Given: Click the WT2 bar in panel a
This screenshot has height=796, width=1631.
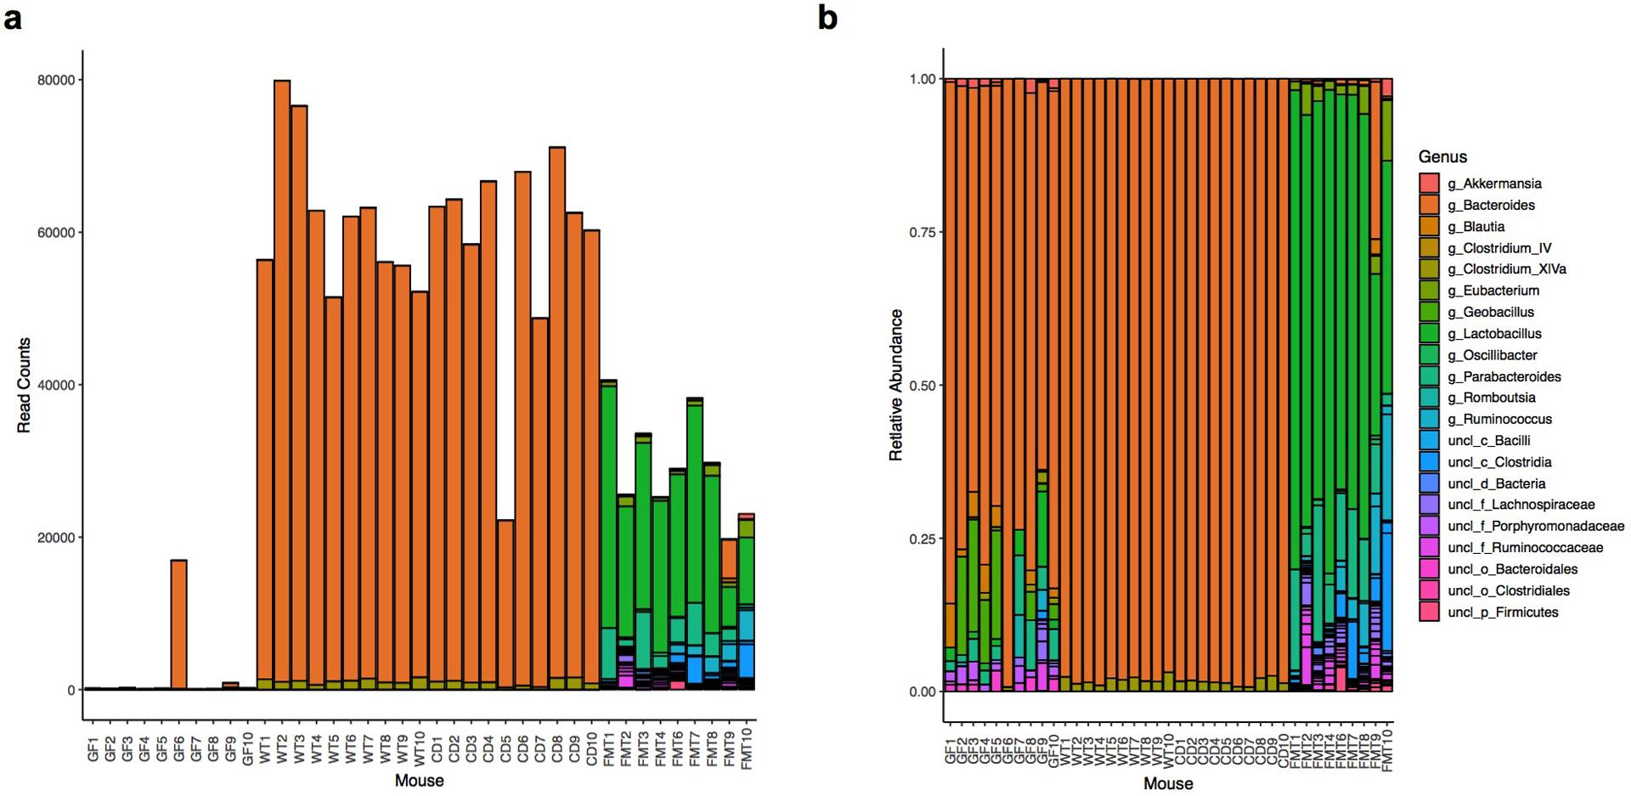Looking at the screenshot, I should (x=282, y=382).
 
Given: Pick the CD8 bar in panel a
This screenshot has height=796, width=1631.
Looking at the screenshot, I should (x=557, y=416).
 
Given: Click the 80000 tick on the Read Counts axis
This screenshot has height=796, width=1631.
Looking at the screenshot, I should (x=55, y=80).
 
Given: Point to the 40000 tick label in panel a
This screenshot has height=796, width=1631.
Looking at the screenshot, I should (x=55, y=385).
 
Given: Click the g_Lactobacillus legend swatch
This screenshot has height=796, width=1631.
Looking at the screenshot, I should (x=1429, y=334).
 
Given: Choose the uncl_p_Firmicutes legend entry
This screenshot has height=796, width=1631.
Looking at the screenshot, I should (x=1503, y=613).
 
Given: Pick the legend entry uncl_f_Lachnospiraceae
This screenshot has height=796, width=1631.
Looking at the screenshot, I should (x=1521, y=505).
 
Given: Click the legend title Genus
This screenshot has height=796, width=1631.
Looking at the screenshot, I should (x=1442, y=156).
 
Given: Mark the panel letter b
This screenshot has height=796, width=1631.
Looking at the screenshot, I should (x=827, y=17).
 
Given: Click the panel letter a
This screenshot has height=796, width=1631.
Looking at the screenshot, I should (x=12, y=17).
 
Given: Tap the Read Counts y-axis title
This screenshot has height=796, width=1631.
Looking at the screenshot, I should (x=24, y=385).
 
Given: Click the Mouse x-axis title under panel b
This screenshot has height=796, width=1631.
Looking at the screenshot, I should (x=1168, y=783).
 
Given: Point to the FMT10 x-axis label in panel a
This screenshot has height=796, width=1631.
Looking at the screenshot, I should (x=747, y=748).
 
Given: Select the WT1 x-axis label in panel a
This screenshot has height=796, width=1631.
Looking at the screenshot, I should (x=265, y=748).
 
